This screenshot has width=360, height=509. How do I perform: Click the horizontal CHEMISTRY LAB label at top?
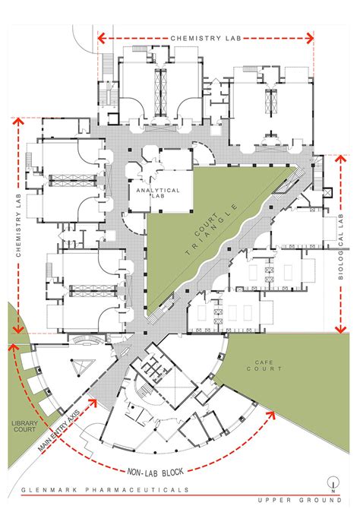(205, 37)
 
